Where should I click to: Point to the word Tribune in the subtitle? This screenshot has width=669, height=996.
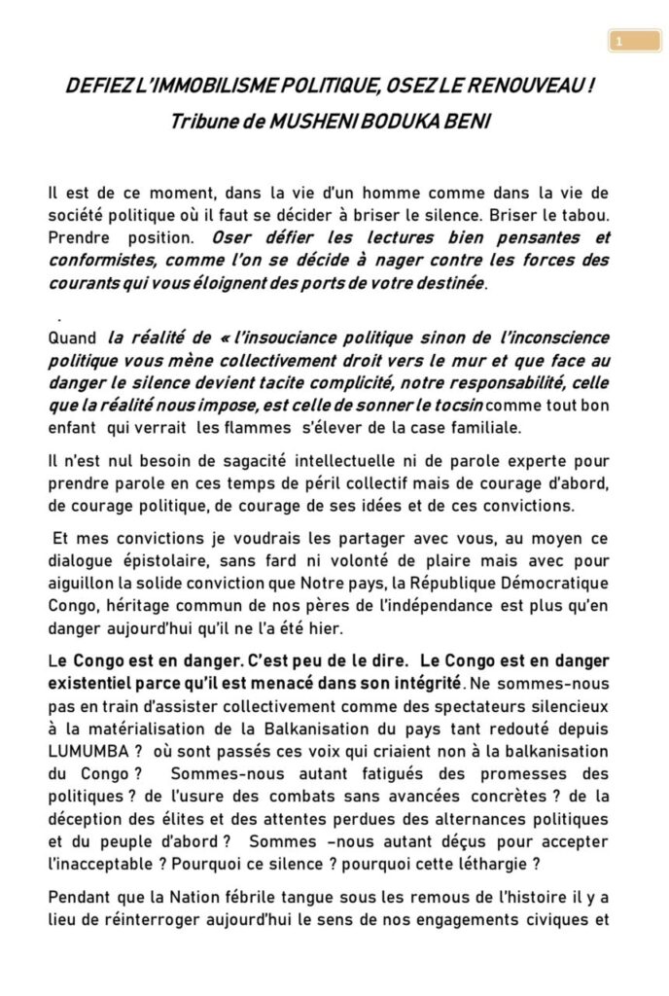pos(204,124)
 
